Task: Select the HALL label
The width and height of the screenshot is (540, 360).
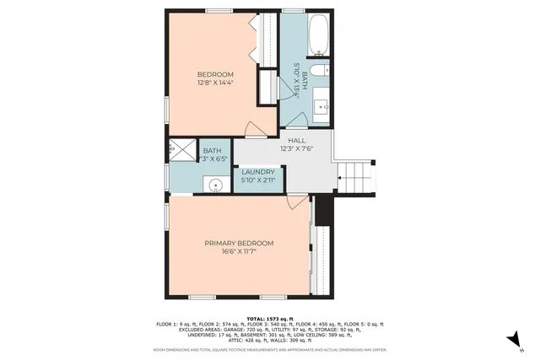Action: pos(297,141)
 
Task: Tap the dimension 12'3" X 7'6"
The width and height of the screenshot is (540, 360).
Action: pos(297,149)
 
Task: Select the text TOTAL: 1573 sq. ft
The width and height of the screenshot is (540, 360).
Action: pos(269,317)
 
